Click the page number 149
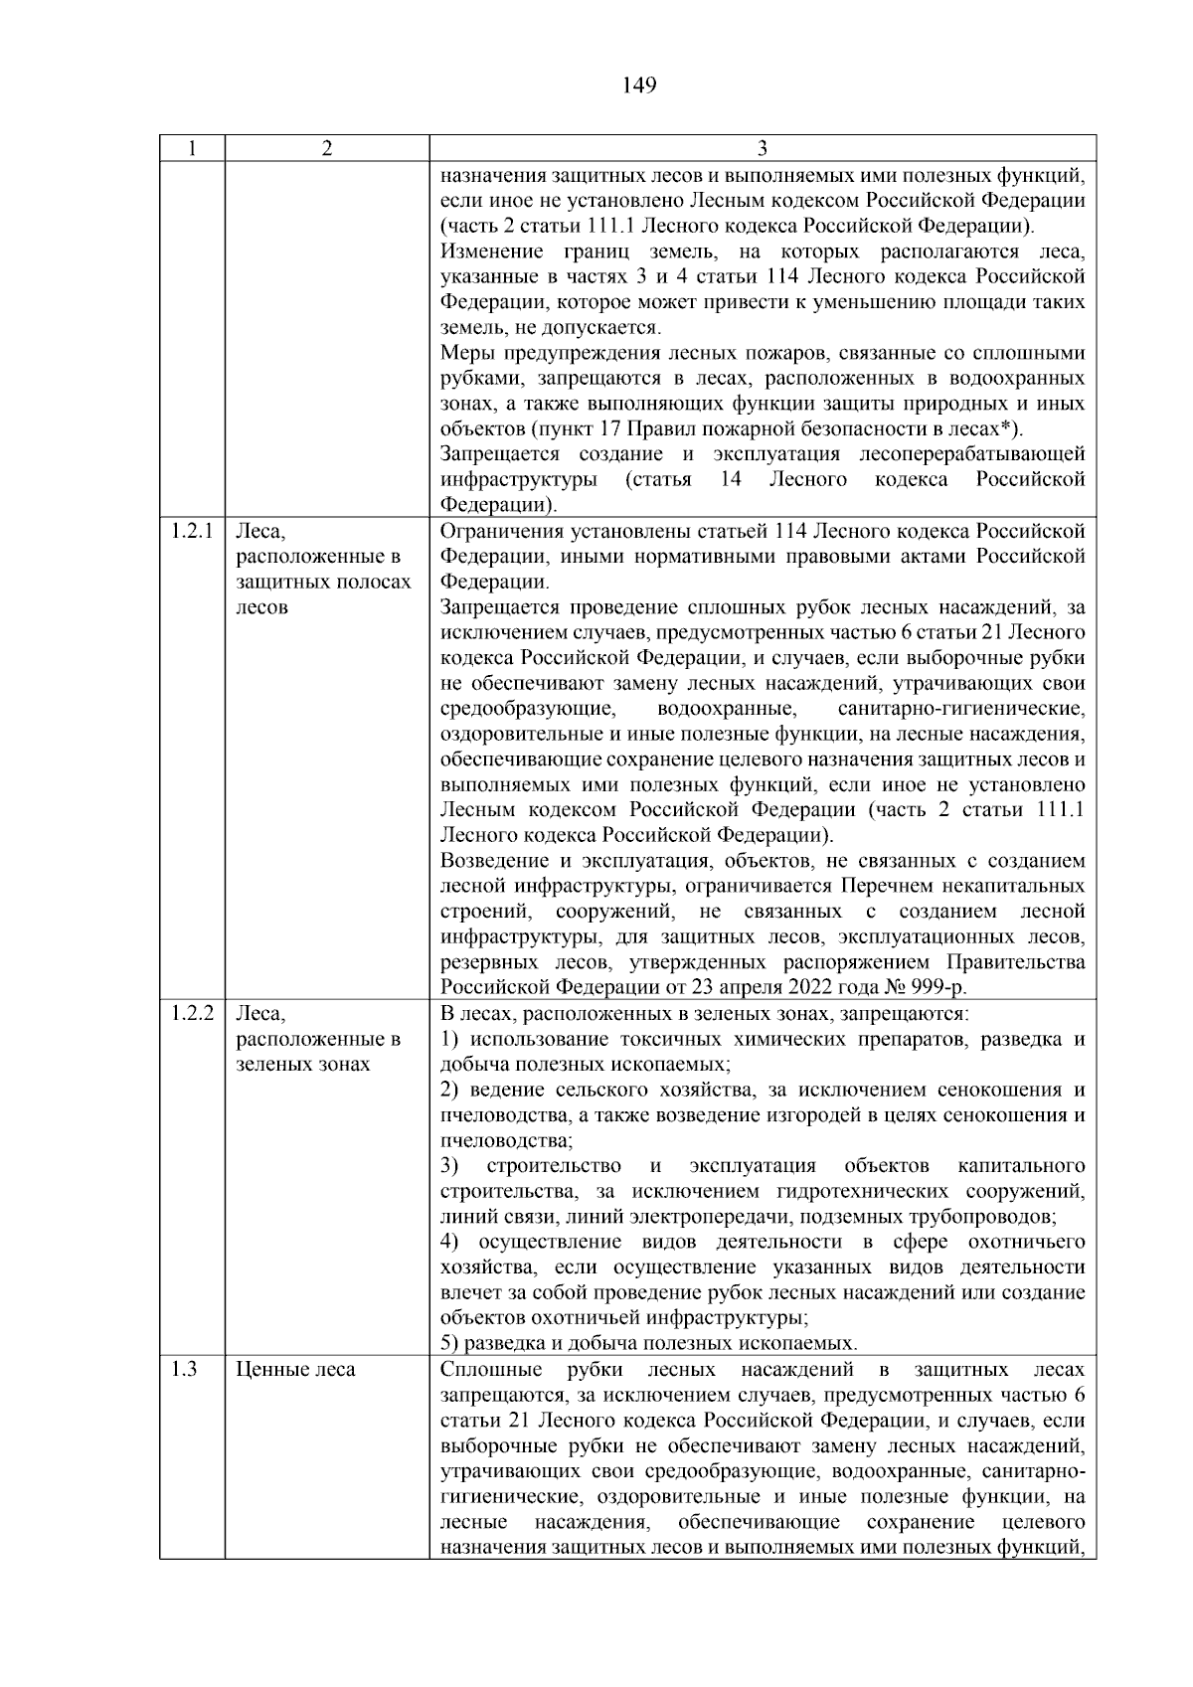coord(639,85)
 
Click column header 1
coord(192,148)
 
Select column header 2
coord(327,148)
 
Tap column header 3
coord(763,148)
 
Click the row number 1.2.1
coord(192,531)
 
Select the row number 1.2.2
coord(192,1013)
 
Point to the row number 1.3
coord(184,1369)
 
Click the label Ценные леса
coord(295,1369)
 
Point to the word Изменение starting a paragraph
coord(492,252)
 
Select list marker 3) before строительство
coord(449,1165)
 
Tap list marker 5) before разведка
coord(449,1343)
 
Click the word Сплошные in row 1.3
coord(489,1369)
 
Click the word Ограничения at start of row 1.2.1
coord(503,531)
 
